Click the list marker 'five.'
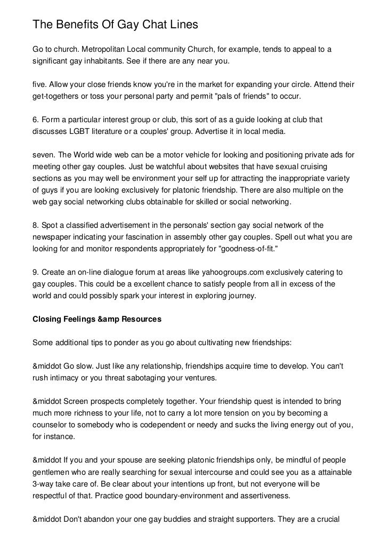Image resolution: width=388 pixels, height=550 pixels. (41, 85)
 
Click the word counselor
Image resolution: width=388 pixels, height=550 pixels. (52, 425)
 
